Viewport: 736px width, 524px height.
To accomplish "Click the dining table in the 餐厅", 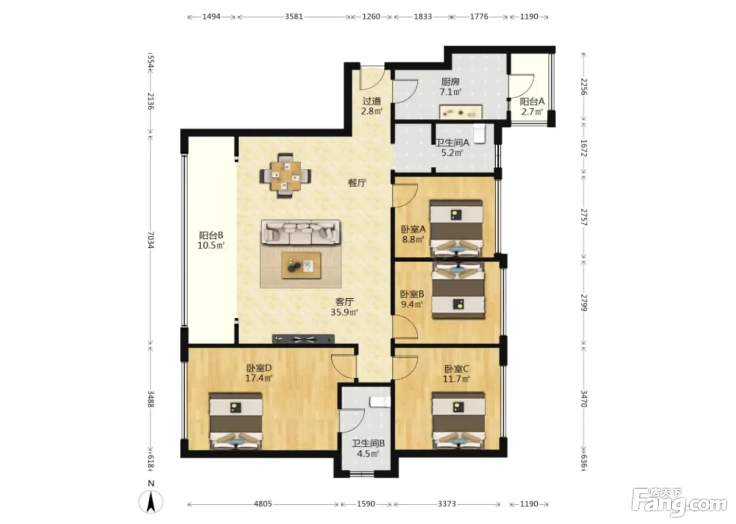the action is coord(285,176).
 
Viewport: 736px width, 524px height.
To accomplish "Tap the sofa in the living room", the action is coord(301,233).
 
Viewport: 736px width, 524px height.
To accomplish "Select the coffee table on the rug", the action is coord(301,265).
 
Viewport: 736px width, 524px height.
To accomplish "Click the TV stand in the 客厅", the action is coord(303,339).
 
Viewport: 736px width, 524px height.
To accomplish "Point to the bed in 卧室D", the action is coord(236,421).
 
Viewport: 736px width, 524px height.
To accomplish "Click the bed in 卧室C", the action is coord(458,420).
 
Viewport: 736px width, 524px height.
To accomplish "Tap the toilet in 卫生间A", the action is coord(479,134).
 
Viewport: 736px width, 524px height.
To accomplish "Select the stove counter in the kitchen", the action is coord(461,112).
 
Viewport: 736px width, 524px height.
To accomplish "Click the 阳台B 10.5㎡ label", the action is coord(211,240).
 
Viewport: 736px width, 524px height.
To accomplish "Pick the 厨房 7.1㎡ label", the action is coord(451,87).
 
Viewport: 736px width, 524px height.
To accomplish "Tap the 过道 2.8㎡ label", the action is coord(372,106).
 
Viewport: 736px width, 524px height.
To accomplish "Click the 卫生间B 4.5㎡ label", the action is coord(368,449).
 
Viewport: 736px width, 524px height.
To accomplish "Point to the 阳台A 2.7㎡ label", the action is coord(532,106).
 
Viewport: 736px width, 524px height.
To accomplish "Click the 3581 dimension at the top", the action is coord(293,16).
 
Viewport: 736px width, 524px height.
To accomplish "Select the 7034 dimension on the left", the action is coord(150,240).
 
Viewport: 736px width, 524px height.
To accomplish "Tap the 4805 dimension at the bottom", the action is coord(263,503).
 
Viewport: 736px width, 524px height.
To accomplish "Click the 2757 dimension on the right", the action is coord(584,217).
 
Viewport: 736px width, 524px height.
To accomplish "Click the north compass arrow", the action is coord(151,501).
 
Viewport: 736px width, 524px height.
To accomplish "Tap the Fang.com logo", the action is coord(679,502).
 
